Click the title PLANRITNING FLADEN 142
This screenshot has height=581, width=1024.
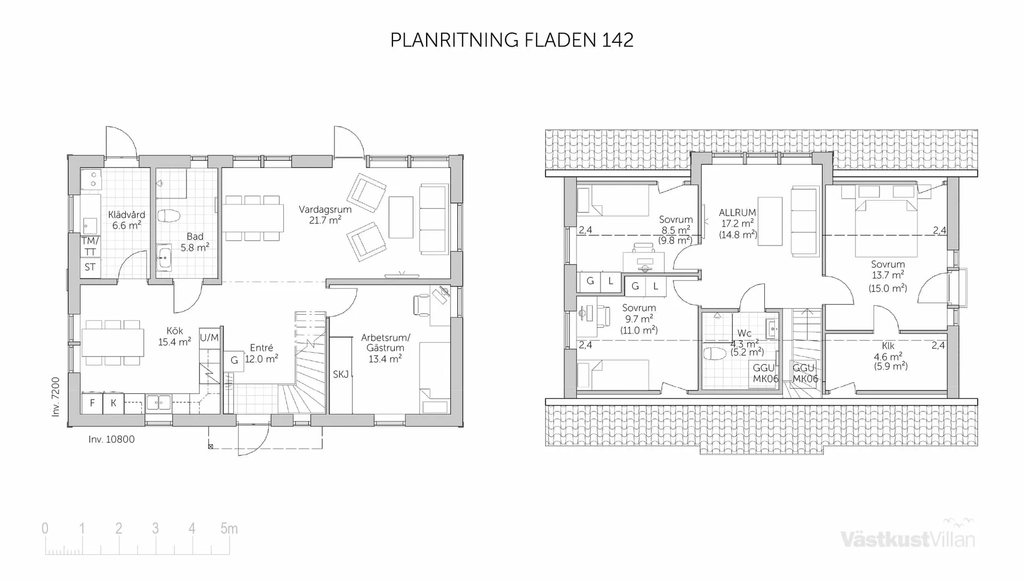[x=511, y=40]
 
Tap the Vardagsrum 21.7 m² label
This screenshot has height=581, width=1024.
[x=325, y=214]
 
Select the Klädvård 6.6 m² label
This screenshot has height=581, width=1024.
[x=126, y=220]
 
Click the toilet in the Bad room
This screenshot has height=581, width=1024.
[x=169, y=216]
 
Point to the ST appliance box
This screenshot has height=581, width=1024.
[x=90, y=267]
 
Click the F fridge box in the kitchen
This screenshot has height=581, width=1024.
[x=92, y=403]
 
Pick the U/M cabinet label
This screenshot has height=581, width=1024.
[x=209, y=338]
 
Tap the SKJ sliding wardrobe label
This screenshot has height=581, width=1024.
[x=341, y=375]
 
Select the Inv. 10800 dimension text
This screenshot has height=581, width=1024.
[x=111, y=439]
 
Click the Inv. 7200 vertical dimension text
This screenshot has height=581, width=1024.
[x=56, y=397]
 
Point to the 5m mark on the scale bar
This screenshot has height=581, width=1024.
[x=229, y=529]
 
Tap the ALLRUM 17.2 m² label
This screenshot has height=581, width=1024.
[x=738, y=223]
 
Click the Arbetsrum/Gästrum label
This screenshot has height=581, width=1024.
[x=385, y=348]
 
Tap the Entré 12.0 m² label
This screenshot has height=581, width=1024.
[x=261, y=353]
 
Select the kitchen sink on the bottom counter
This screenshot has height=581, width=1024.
[x=158, y=403]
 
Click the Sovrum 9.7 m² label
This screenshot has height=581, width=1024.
[x=639, y=319]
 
